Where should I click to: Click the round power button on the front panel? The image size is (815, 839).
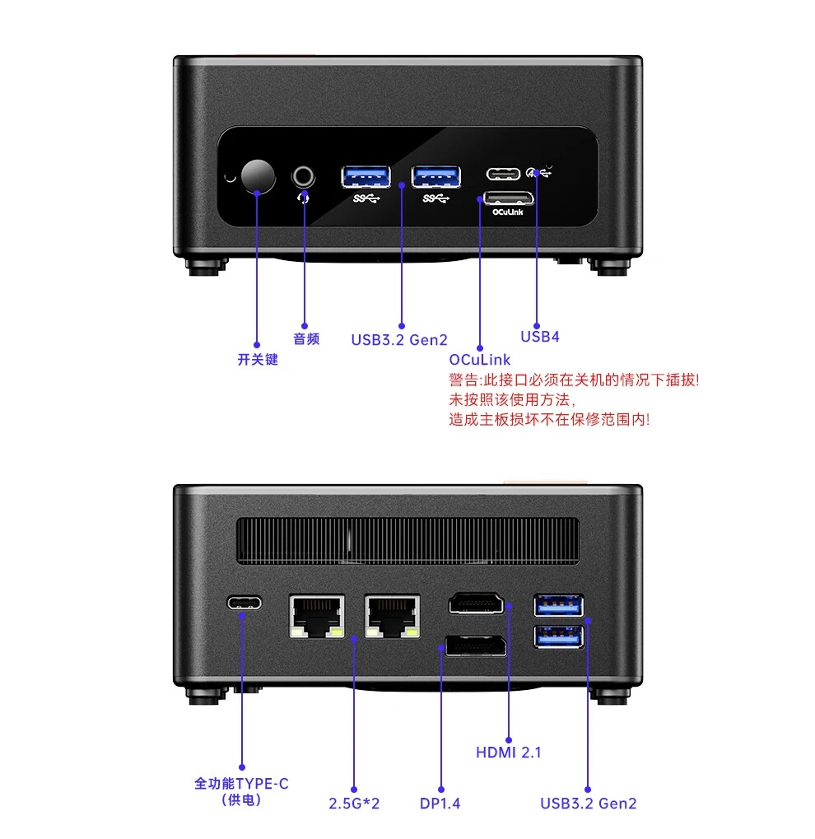point(258,175)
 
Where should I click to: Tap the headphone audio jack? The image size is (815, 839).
point(304,175)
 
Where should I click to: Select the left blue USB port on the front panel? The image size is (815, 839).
point(366,176)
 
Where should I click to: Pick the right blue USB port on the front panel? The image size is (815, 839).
point(436,176)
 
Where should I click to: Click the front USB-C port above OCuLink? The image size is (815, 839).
point(504,174)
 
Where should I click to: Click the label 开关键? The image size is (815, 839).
point(258,360)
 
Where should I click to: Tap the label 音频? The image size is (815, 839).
point(306,338)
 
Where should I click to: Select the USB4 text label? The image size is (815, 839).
point(540,336)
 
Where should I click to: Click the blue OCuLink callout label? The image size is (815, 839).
point(479,360)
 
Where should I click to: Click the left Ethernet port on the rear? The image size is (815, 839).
point(317,616)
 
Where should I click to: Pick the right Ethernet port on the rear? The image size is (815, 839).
point(391,616)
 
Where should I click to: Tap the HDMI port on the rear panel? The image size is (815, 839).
point(476,605)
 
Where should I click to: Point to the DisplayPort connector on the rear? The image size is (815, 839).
point(476,646)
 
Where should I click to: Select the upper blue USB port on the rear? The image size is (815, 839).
point(559,606)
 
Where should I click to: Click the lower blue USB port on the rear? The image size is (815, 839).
point(559,636)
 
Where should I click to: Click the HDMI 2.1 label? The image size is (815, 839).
point(508,752)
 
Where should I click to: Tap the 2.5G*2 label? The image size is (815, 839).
point(353,803)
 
